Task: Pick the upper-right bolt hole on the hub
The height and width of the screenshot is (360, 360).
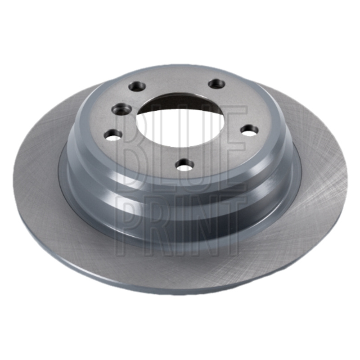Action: pyautogui.click(x=216, y=84)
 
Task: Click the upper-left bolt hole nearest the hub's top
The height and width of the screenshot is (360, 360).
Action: pyautogui.click(x=137, y=86)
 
